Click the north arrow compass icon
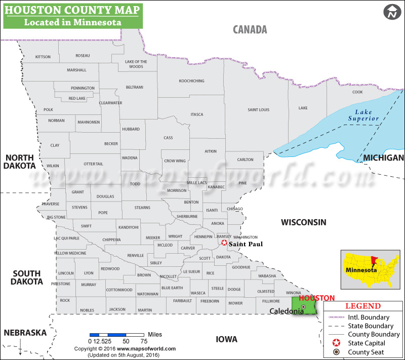click(x=391, y=12)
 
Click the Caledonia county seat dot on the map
click(x=303, y=307)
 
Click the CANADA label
click(x=250, y=29)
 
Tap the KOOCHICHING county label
click(x=191, y=81)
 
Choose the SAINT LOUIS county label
click(x=258, y=110)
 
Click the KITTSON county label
click(x=43, y=57)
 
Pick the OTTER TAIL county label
click(x=93, y=164)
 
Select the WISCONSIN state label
click(x=304, y=222)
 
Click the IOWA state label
click(x=226, y=339)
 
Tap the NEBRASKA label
click(x=25, y=333)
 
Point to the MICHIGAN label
click(x=383, y=158)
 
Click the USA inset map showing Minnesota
click(x=372, y=268)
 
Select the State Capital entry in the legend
click(x=366, y=343)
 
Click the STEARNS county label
click(x=143, y=208)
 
